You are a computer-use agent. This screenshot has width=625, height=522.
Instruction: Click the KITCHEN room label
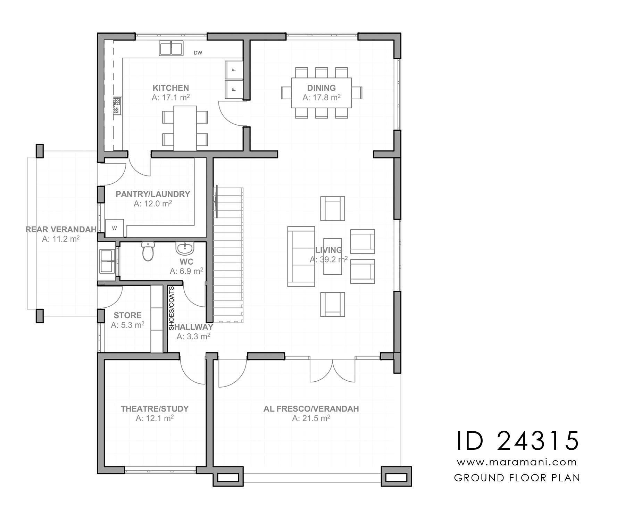click(171, 88)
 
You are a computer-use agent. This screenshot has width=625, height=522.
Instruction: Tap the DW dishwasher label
click(198, 53)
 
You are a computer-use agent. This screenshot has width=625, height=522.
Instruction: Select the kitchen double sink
click(171, 48)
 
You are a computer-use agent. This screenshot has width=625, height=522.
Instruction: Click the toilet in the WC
click(148, 251)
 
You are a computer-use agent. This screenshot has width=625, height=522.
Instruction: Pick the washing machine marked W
click(115, 228)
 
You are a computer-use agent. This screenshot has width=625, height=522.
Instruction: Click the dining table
click(321, 93)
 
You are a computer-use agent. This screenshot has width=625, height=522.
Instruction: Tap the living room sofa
click(301, 256)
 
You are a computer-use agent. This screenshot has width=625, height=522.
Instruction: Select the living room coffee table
click(333, 256)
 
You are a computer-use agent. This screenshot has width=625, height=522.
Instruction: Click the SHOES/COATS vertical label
click(172, 308)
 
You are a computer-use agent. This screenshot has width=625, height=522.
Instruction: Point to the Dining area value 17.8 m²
click(321, 97)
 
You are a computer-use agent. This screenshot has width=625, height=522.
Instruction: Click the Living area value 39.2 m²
click(329, 259)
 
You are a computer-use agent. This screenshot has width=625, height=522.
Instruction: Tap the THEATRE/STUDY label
click(155, 409)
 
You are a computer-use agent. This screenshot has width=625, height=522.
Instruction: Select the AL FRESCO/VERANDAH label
click(311, 409)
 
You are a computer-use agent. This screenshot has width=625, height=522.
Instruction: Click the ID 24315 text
click(517, 441)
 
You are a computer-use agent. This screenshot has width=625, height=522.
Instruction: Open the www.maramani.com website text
click(517, 462)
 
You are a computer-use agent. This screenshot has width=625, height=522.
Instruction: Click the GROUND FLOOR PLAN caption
click(517, 478)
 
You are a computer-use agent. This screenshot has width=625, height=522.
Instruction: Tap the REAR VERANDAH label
click(61, 230)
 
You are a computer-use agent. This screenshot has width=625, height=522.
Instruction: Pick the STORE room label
click(128, 315)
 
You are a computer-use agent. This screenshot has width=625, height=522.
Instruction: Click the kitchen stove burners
click(117, 106)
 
